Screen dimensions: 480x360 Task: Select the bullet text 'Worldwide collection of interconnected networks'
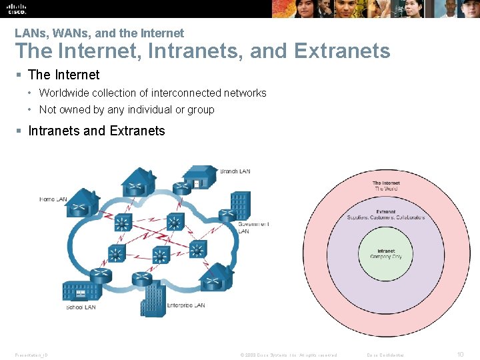coord(153,93)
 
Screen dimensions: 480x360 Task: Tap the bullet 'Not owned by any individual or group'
coord(127,109)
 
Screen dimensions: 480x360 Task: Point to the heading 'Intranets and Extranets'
coord(97,131)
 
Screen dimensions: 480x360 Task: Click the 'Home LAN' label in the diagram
coord(53,199)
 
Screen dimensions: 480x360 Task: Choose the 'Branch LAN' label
coord(235,171)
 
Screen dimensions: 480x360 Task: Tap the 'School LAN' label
coord(80,307)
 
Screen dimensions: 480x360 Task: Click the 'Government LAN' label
coord(253,227)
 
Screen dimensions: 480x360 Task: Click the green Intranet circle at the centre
coord(387,254)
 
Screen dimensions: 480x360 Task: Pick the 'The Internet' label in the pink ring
coord(387,185)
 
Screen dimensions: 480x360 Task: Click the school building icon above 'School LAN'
coord(81,291)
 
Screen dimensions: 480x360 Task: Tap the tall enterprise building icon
coord(155,297)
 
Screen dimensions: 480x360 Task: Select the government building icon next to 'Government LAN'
coord(240,204)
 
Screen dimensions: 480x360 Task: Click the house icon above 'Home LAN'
coord(81,200)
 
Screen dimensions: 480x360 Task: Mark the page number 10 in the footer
coord(460,355)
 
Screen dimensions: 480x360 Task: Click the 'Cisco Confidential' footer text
coord(386,355)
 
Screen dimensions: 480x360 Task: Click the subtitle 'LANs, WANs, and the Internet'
coord(99,33)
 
